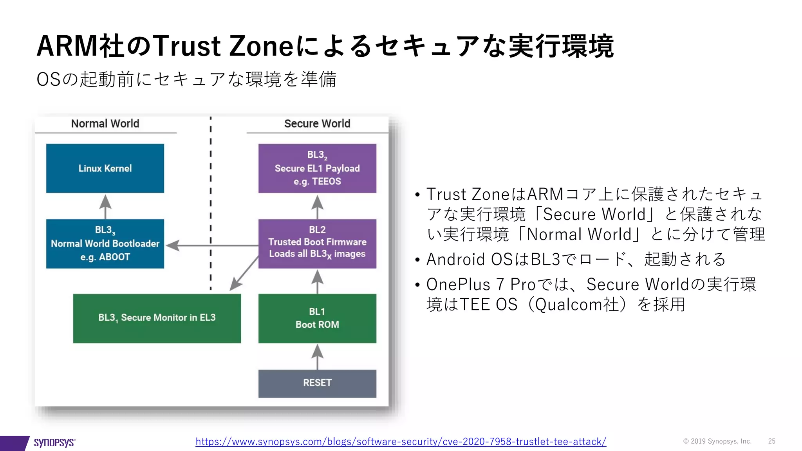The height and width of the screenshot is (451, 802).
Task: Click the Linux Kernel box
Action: click(x=105, y=168)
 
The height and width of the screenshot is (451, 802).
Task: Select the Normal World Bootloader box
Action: click(x=105, y=244)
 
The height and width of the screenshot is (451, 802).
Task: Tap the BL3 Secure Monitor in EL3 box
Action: click(x=157, y=318)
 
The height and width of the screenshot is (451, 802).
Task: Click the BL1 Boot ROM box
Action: click(x=317, y=318)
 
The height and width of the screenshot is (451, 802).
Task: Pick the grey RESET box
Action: click(x=317, y=383)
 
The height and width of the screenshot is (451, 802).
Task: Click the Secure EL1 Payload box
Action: click(x=317, y=168)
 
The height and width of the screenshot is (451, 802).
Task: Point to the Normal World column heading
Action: click(x=105, y=124)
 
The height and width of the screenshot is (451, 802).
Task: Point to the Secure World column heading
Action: click(x=317, y=124)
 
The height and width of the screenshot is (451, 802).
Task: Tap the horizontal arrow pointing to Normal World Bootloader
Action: click(x=211, y=245)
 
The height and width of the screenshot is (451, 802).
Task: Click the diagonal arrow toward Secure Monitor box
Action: click(x=244, y=274)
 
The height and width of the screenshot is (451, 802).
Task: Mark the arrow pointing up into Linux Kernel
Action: click(x=105, y=207)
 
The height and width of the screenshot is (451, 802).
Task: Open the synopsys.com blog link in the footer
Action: click(x=401, y=442)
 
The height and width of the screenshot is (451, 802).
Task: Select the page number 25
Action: click(x=771, y=441)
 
